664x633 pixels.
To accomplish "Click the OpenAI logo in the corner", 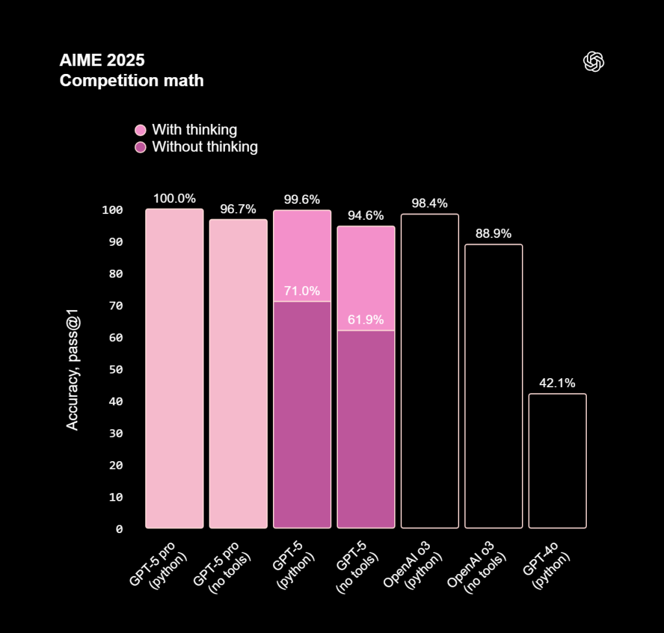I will (x=594, y=62).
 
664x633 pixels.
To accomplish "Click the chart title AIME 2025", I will (x=102, y=61).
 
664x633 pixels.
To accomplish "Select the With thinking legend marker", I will (x=141, y=130).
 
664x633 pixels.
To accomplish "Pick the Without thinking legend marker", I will (x=141, y=147).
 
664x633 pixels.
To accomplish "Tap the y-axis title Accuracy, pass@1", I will (x=73, y=370).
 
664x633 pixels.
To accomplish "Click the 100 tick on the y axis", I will (x=112, y=210).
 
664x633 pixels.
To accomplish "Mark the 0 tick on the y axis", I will (x=119, y=529).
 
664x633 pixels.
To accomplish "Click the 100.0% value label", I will (x=174, y=199).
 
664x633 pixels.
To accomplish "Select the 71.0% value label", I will (x=302, y=291).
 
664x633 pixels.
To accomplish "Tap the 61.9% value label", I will (x=366, y=320).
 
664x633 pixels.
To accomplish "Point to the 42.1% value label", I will (x=557, y=383).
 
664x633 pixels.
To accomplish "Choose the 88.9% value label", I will (x=493, y=233).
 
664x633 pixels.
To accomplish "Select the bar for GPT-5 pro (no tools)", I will (x=238, y=374).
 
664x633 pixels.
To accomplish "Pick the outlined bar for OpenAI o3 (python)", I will (x=430, y=371).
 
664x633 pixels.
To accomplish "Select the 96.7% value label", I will (x=238, y=209).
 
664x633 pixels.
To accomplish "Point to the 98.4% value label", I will (x=430, y=204).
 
